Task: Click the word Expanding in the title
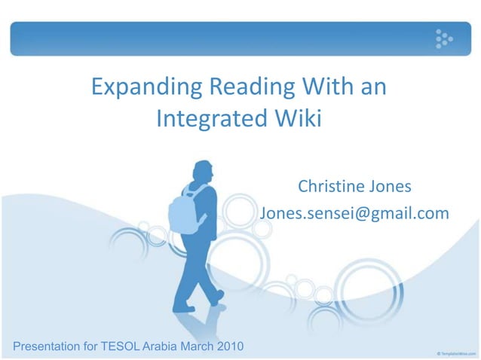point(142,88)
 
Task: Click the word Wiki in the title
point(296,119)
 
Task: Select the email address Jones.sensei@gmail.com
point(354,214)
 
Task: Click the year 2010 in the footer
point(227,346)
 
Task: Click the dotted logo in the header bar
point(443,38)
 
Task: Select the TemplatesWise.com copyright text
point(455,352)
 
